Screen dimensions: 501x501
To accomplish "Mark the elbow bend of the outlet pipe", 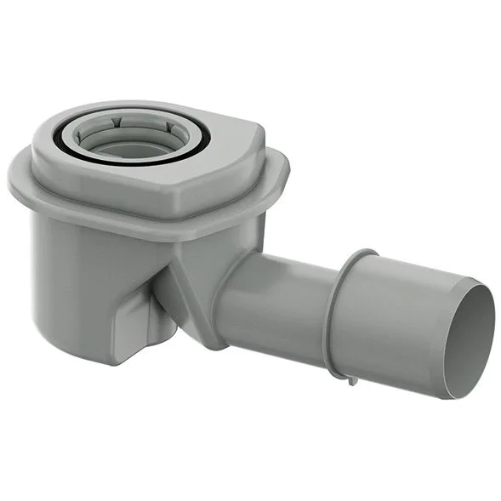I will pos(234,298).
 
